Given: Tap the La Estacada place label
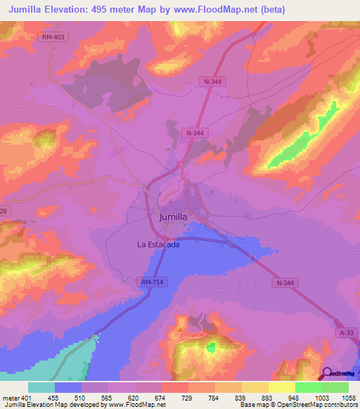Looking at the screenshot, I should point(158,245).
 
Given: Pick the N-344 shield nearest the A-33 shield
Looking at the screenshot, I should point(283,283).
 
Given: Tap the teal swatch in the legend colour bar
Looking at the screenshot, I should point(41,387).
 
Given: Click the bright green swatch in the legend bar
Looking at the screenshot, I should point(308,387).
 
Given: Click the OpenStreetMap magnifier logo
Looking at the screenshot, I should point(328,373).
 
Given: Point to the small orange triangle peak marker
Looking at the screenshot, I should point(181,327).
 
